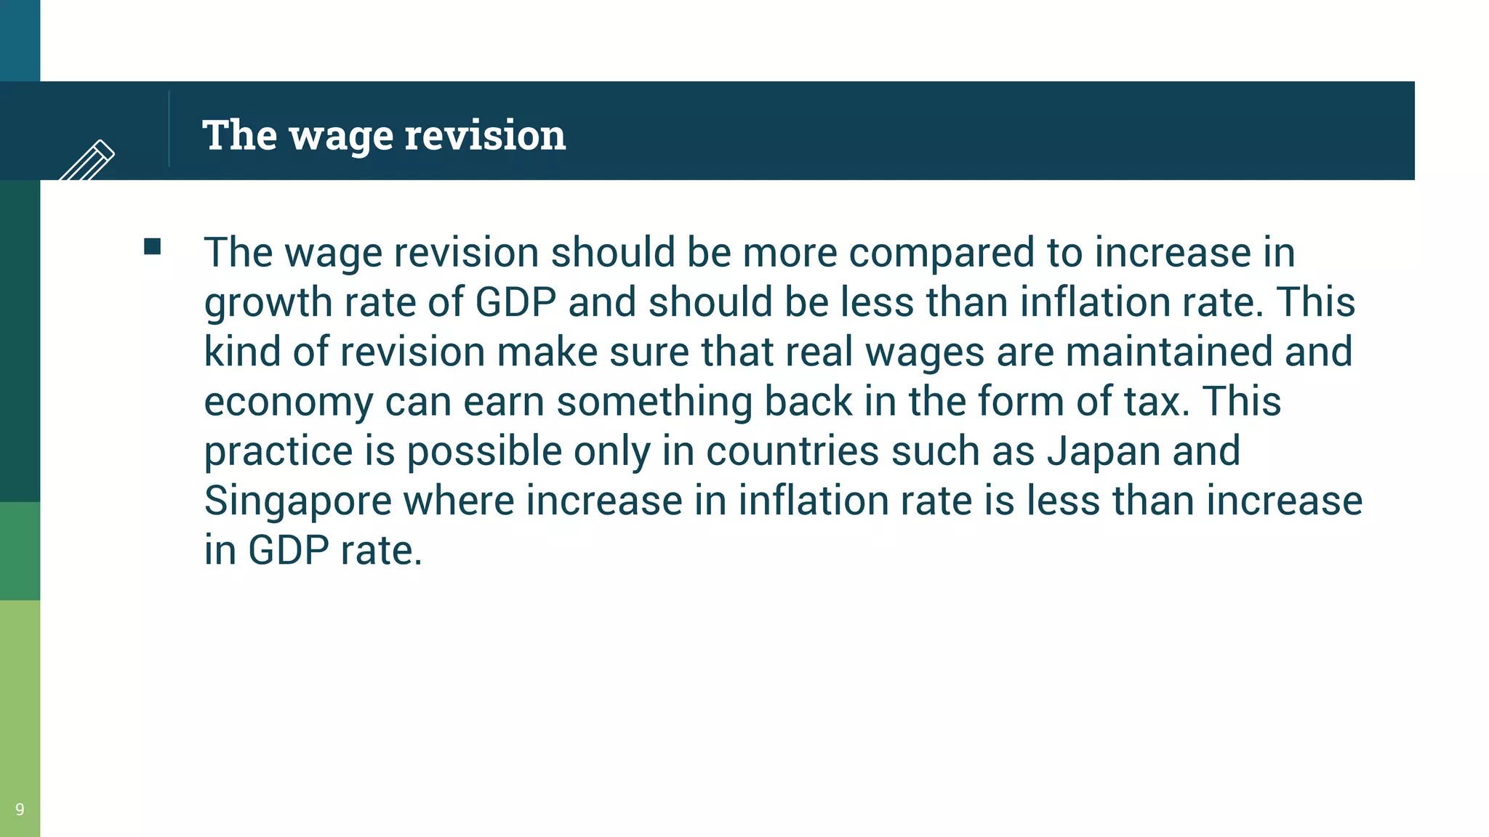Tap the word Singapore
(297, 501)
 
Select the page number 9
(20, 809)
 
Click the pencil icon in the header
(88, 160)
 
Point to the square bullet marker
(152, 247)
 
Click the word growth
(268, 303)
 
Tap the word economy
(288, 403)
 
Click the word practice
(278, 451)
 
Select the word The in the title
(239, 135)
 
